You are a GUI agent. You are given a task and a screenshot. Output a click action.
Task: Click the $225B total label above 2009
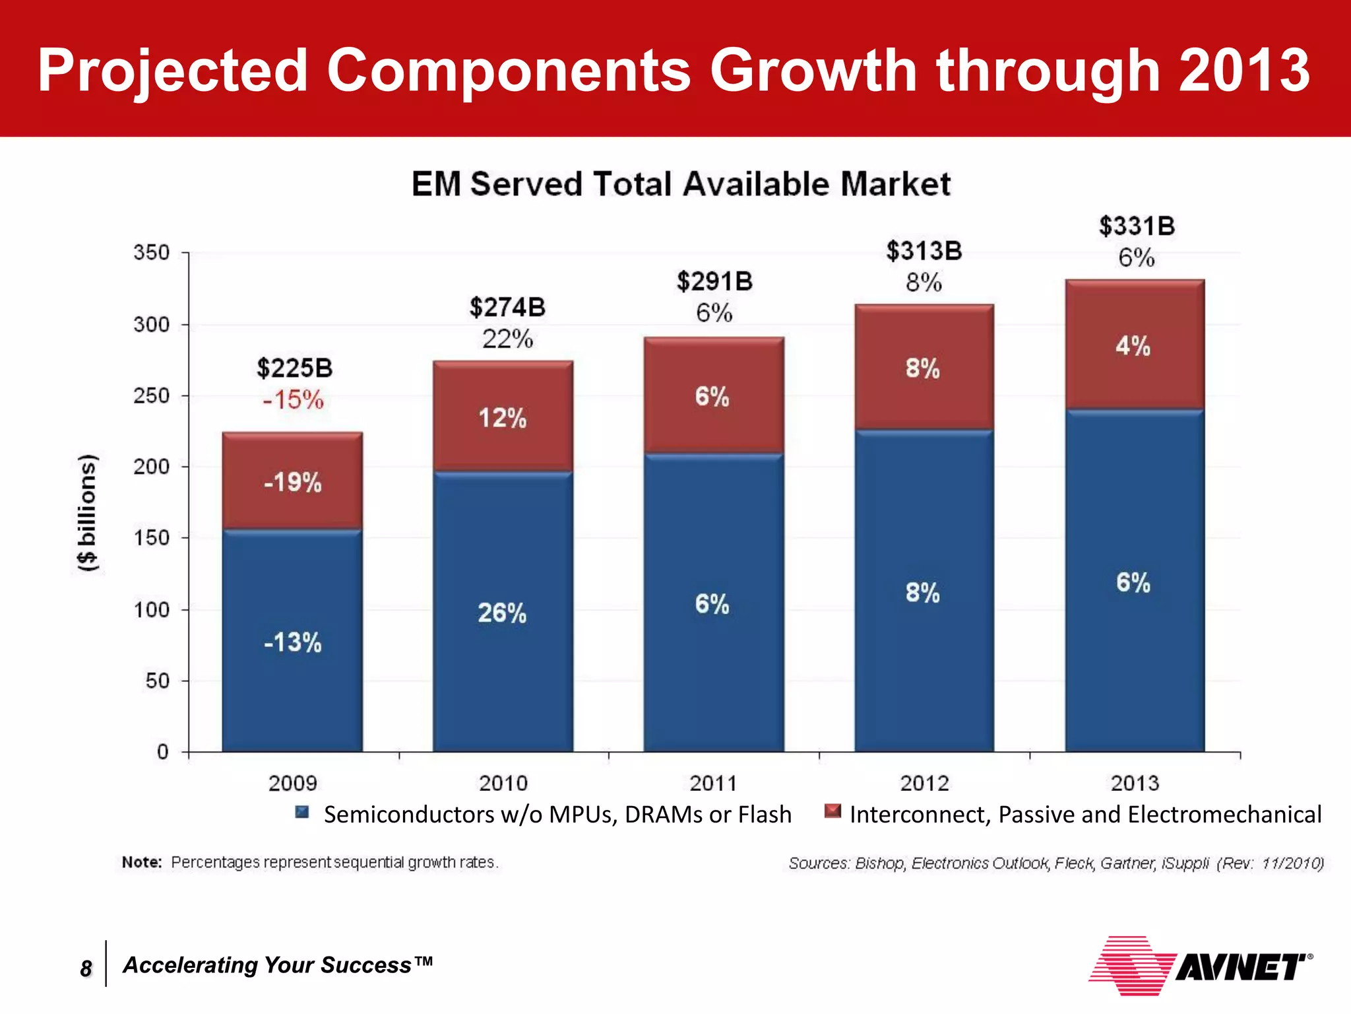tap(294, 368)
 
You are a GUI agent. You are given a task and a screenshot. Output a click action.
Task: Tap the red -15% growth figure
tap(293, 400)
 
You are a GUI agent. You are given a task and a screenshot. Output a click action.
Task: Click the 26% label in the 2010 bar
tap(502, 613)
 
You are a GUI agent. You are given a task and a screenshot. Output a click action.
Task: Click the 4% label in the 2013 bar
tap(1133, 346)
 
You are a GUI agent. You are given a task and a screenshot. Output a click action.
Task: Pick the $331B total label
tap(1137, 226)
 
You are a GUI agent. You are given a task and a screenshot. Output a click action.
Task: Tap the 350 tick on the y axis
tap(151, 253)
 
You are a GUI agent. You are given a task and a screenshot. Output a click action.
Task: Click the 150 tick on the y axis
tap(151, 538)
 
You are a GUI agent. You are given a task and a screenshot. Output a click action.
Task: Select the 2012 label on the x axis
tap(924, 784)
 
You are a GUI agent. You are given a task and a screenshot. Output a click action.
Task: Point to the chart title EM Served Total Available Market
tap(681, 184)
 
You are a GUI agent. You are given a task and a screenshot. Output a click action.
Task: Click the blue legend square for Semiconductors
tap(302, 812)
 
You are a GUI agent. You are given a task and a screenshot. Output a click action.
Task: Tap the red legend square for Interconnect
tap(833, 811)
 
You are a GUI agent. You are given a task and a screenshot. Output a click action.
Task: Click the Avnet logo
tap(1199, 966)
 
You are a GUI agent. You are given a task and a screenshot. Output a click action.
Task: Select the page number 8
tap(86, 968)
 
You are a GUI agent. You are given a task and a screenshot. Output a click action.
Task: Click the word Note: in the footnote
tap(142, 863)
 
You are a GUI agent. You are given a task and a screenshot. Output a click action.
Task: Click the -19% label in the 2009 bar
tap(292, 483)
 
